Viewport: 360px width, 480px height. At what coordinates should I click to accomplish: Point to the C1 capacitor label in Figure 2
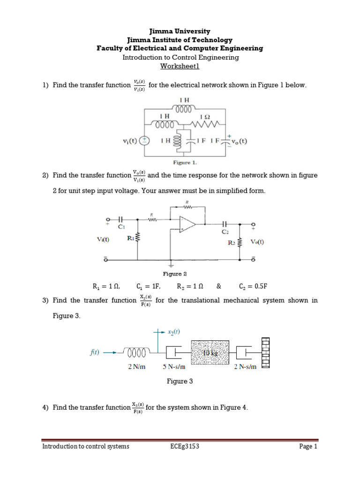click(122, 226)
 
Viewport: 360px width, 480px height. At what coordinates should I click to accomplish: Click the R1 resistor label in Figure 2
click(131, 238)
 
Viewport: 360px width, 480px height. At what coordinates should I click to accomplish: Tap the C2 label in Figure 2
click(225, 231)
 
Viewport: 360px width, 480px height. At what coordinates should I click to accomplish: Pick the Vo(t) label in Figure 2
click(257, 242)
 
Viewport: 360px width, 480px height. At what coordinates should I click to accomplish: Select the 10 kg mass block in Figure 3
click(210, 352)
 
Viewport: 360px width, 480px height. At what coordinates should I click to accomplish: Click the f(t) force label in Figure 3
click(94, 352)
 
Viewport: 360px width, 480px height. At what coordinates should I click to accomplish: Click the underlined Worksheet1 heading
click(180, 66)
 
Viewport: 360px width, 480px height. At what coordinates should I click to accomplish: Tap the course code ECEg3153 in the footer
click(185, 446)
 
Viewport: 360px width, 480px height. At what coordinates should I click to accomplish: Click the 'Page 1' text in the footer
click(308, 446)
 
